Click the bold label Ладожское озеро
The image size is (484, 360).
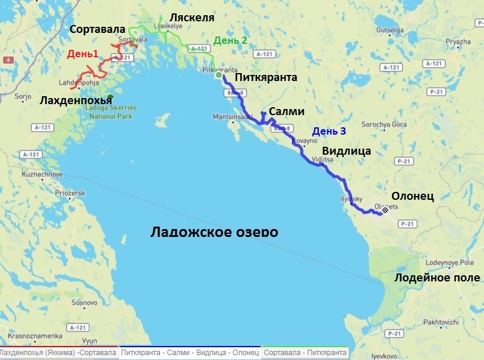point(214,233)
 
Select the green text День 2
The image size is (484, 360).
point(230,41)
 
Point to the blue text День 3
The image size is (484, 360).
point(329,131)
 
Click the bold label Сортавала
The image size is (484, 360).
point(98,29)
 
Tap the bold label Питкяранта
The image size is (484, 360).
point(266,77)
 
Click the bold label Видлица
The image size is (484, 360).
point(346,151)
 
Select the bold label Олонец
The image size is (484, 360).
point(412,196)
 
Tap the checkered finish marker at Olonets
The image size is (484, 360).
point(385,210)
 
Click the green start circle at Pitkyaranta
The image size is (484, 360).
point(219,77)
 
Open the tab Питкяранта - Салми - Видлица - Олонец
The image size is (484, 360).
point(190,353)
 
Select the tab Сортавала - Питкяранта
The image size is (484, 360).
point(305,353)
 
